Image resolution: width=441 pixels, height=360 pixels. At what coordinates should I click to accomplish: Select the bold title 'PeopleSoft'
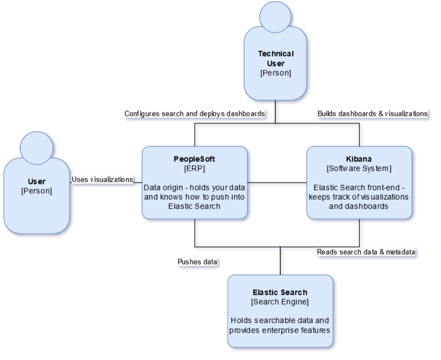pos(195,158)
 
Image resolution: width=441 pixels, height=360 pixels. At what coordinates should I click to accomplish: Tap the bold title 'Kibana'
pos(359,158)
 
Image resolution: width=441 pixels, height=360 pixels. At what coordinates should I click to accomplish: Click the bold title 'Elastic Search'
pos(280,292)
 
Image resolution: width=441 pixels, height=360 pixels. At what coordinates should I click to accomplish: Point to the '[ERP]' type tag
pos(195,167)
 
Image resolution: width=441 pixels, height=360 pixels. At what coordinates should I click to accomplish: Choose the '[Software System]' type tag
pos(359,167)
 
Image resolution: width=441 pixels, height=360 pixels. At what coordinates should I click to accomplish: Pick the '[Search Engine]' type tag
pos(280,302)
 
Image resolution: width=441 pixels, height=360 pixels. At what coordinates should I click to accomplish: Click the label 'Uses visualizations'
pos(103,179)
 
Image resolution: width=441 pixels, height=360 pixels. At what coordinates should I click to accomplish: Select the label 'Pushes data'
pos(197,262)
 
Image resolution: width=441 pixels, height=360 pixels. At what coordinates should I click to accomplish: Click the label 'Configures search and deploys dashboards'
pos(195,114)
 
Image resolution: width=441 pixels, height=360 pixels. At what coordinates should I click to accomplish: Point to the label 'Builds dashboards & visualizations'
pos(372,114)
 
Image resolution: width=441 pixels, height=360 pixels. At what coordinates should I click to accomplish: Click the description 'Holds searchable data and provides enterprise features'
pos(280,324)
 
